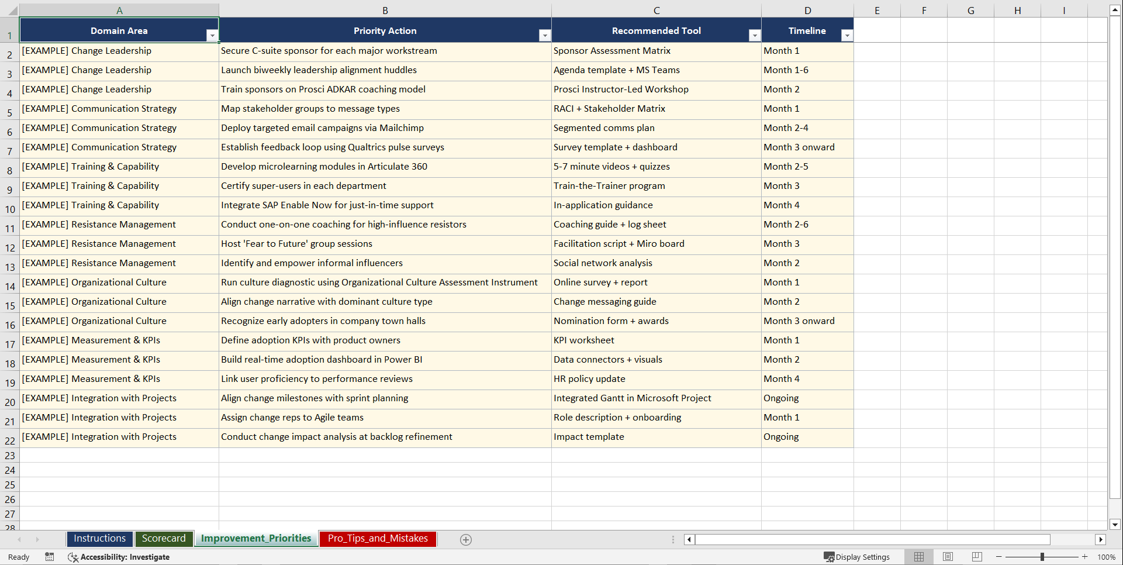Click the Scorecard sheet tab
click(163, 539)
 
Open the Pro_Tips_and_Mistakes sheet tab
click(378, 539)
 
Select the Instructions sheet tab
click(99, 539)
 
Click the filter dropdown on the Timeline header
click(846, 36)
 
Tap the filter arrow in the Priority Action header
click(544, 36)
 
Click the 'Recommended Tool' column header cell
click(656, 31)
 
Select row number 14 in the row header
click(10, 287)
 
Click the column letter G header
click(970, 11)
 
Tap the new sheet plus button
click(466, 540)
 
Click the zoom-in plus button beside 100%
click(1085, 557)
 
